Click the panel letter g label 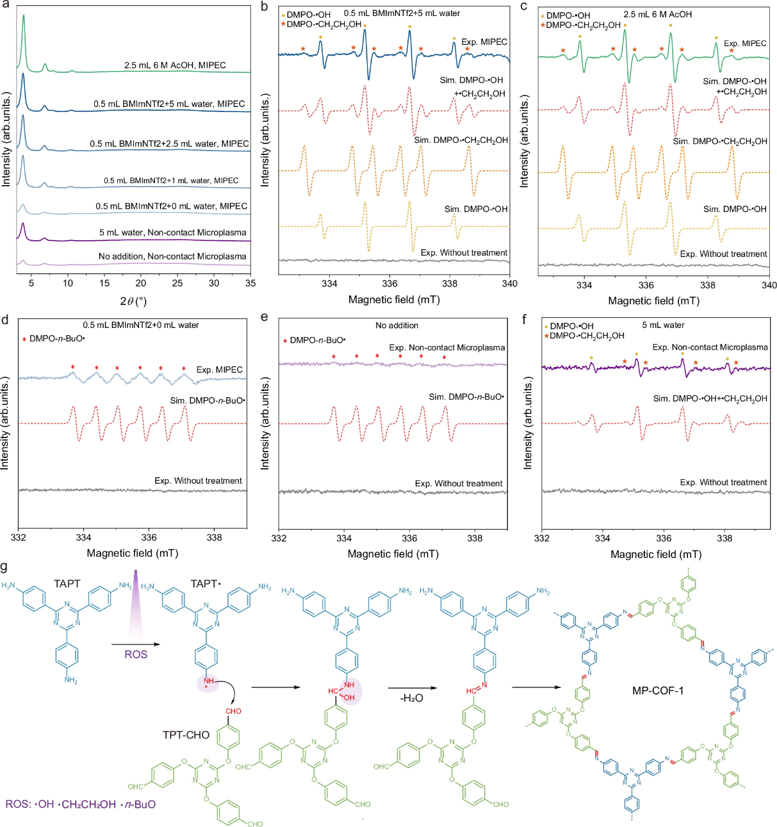pos(5,568)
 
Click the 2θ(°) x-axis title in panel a pos(133,301)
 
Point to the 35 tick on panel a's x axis pos(250,283)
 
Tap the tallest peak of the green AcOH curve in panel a pos(24,17)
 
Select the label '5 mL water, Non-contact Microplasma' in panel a pos(172,233)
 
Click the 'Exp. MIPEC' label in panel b pos(484,42)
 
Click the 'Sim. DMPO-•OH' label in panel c pos(734,209)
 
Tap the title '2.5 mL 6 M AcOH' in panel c pos(657,14)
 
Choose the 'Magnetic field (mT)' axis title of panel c pos(653,301)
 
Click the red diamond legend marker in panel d pos(24,338)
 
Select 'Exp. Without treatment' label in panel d pos(198,480)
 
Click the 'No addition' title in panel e pos(397,325)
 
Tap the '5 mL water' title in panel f pos(663,325)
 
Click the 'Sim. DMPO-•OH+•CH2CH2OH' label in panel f pos(710,398)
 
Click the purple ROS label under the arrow pos(136,654)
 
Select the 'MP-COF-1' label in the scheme pos(658,691)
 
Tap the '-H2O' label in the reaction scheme pos(411,698)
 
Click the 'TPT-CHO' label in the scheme pos(186,735)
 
